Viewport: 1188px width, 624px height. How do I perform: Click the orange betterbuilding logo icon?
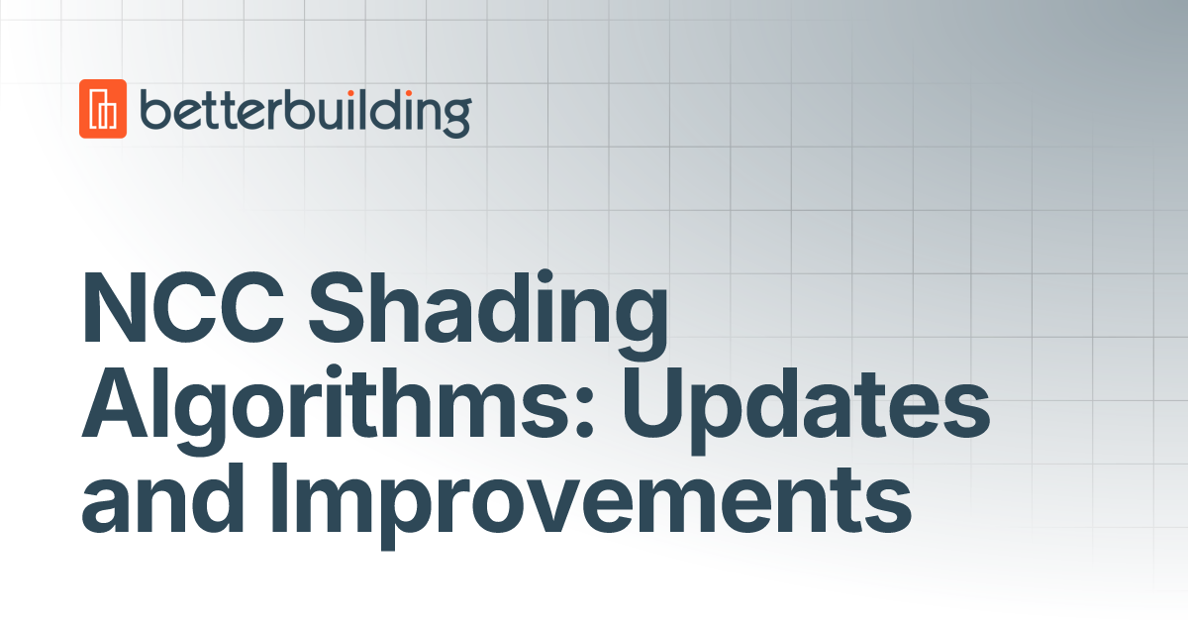tap(103, 108)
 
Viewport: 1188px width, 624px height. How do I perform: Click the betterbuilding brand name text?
tap(305, 110)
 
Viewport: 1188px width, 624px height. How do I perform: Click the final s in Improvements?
tap(890, 507)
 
